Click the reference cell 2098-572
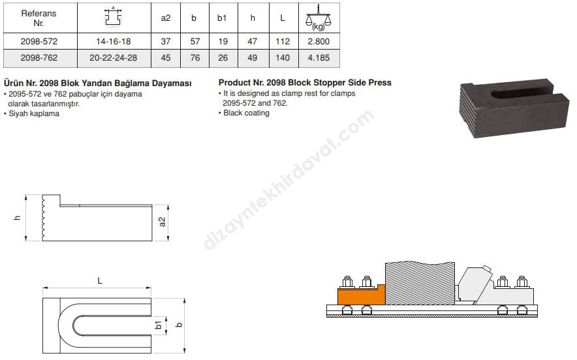[x=39, y=42]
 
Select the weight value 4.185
[x=319, y=58]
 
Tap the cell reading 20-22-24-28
[x=114, y=58]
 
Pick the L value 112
[x=283, y=42]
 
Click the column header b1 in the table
[x=222, y=18]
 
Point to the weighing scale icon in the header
[x=319, y=18]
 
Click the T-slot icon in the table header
[x=113, y=16]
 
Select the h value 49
[x=252, y=58]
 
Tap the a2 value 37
[x=166, y=42]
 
